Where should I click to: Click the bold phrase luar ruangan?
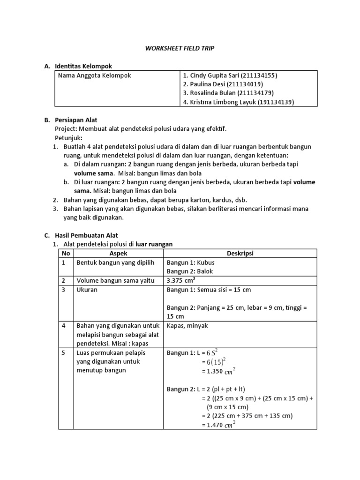(x=154, y=244)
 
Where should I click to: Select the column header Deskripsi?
(x=240, y=253)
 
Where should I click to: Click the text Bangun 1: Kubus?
(x=190, y=262)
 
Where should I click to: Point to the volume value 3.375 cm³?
(x=180, y=280)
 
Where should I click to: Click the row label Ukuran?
(x=87, y=290)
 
